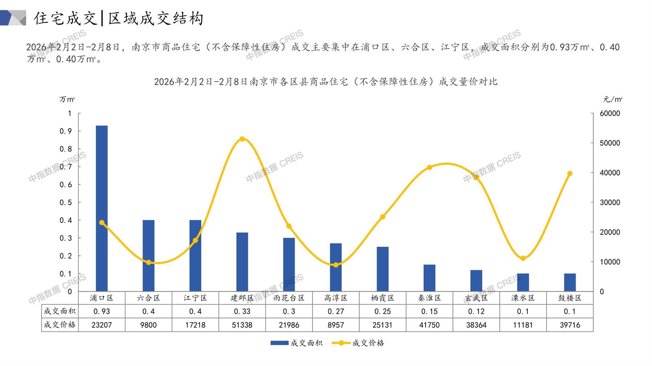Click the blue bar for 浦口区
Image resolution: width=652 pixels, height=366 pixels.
click(102, 208)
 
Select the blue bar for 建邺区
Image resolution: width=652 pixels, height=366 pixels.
click(242, 262)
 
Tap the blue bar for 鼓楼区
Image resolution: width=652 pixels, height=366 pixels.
click(570, 282)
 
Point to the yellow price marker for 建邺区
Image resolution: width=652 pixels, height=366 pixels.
click(242, 139)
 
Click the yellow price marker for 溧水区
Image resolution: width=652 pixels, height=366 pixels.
click(523, 258)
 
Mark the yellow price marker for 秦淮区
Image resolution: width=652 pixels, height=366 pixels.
click(429, 167)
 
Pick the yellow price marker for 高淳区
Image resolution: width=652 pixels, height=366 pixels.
click(336, 265)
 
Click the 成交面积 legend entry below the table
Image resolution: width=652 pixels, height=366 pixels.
click(296, 343)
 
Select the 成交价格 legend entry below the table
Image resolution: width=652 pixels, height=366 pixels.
click(358, 343)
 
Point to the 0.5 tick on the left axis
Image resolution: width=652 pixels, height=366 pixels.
click(66, 202)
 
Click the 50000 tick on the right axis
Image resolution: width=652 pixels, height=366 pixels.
click(610, 143)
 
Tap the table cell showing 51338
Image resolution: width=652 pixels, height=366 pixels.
click(242, 325)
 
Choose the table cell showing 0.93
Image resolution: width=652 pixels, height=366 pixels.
click(102, 311)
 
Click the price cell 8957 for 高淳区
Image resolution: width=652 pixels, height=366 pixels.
click(336, 325)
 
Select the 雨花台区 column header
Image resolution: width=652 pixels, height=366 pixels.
click(289, 298)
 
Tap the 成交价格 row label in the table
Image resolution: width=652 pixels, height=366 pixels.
click(60, 325)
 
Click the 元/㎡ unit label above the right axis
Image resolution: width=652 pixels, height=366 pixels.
click(612, 99)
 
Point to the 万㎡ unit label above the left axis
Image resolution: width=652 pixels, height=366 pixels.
click(67, 99)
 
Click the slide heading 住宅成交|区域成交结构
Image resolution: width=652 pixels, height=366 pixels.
click(119, 18)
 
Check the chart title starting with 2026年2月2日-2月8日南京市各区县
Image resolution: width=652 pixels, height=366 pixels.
click(325, 82)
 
